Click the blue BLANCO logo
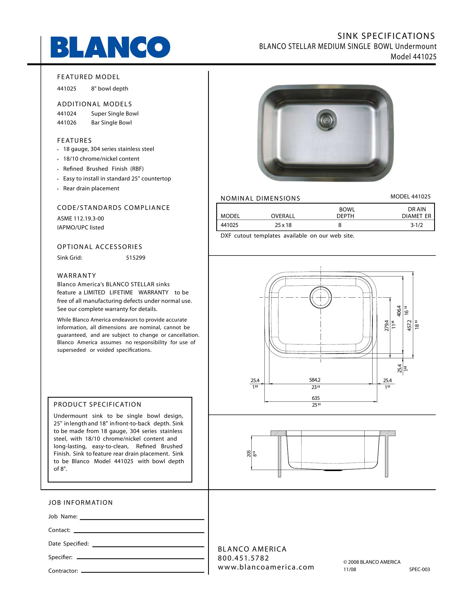110,47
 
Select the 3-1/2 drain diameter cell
416,225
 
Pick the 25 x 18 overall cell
283,225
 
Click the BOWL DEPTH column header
346,213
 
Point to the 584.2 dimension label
315,380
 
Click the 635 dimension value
316,398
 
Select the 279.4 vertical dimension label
387,326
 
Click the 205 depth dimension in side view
249,454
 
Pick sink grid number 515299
136,258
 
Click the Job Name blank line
142,519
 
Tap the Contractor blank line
143,572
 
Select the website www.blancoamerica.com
266,567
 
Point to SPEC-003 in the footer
419,569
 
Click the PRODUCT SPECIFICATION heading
98,404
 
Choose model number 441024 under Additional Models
67,114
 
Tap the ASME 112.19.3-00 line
80,219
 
